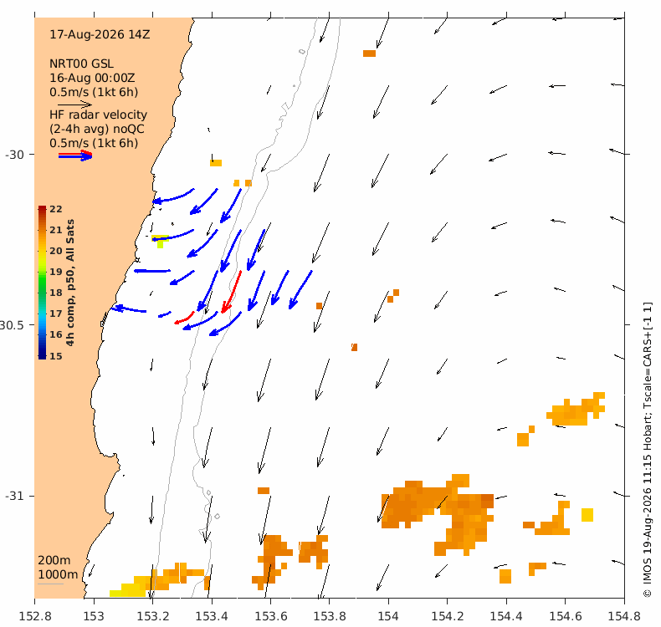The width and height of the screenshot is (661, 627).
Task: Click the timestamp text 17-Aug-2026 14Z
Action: (100, 34)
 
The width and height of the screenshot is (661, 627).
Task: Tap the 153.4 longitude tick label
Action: (211, 616)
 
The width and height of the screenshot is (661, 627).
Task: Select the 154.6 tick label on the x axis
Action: (565, 616)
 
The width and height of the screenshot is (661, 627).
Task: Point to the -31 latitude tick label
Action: (15, 496)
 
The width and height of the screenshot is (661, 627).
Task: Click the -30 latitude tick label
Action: (15, 155)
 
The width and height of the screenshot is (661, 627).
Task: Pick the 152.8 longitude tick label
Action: (35, 616)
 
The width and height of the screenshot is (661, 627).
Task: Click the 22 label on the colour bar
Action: (56, 209)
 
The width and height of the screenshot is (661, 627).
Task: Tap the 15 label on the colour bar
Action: (56, 356)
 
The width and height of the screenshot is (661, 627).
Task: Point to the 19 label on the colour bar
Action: (56, 272)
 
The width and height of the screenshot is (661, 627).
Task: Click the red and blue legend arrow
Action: (75, 155)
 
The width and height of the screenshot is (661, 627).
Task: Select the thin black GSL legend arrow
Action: (74, 104)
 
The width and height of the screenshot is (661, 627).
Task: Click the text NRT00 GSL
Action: (81, 64)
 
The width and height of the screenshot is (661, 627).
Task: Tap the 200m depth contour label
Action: (54, 560)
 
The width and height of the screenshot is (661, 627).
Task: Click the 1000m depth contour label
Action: (58, 574)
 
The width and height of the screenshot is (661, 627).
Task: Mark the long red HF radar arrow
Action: (232, 292)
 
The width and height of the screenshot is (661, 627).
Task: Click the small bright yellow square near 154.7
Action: (587, 515)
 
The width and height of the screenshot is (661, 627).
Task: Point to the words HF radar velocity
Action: (98, 115)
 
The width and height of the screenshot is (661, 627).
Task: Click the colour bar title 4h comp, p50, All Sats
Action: (70, 282)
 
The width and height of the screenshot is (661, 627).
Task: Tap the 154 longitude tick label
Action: (388, 616)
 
